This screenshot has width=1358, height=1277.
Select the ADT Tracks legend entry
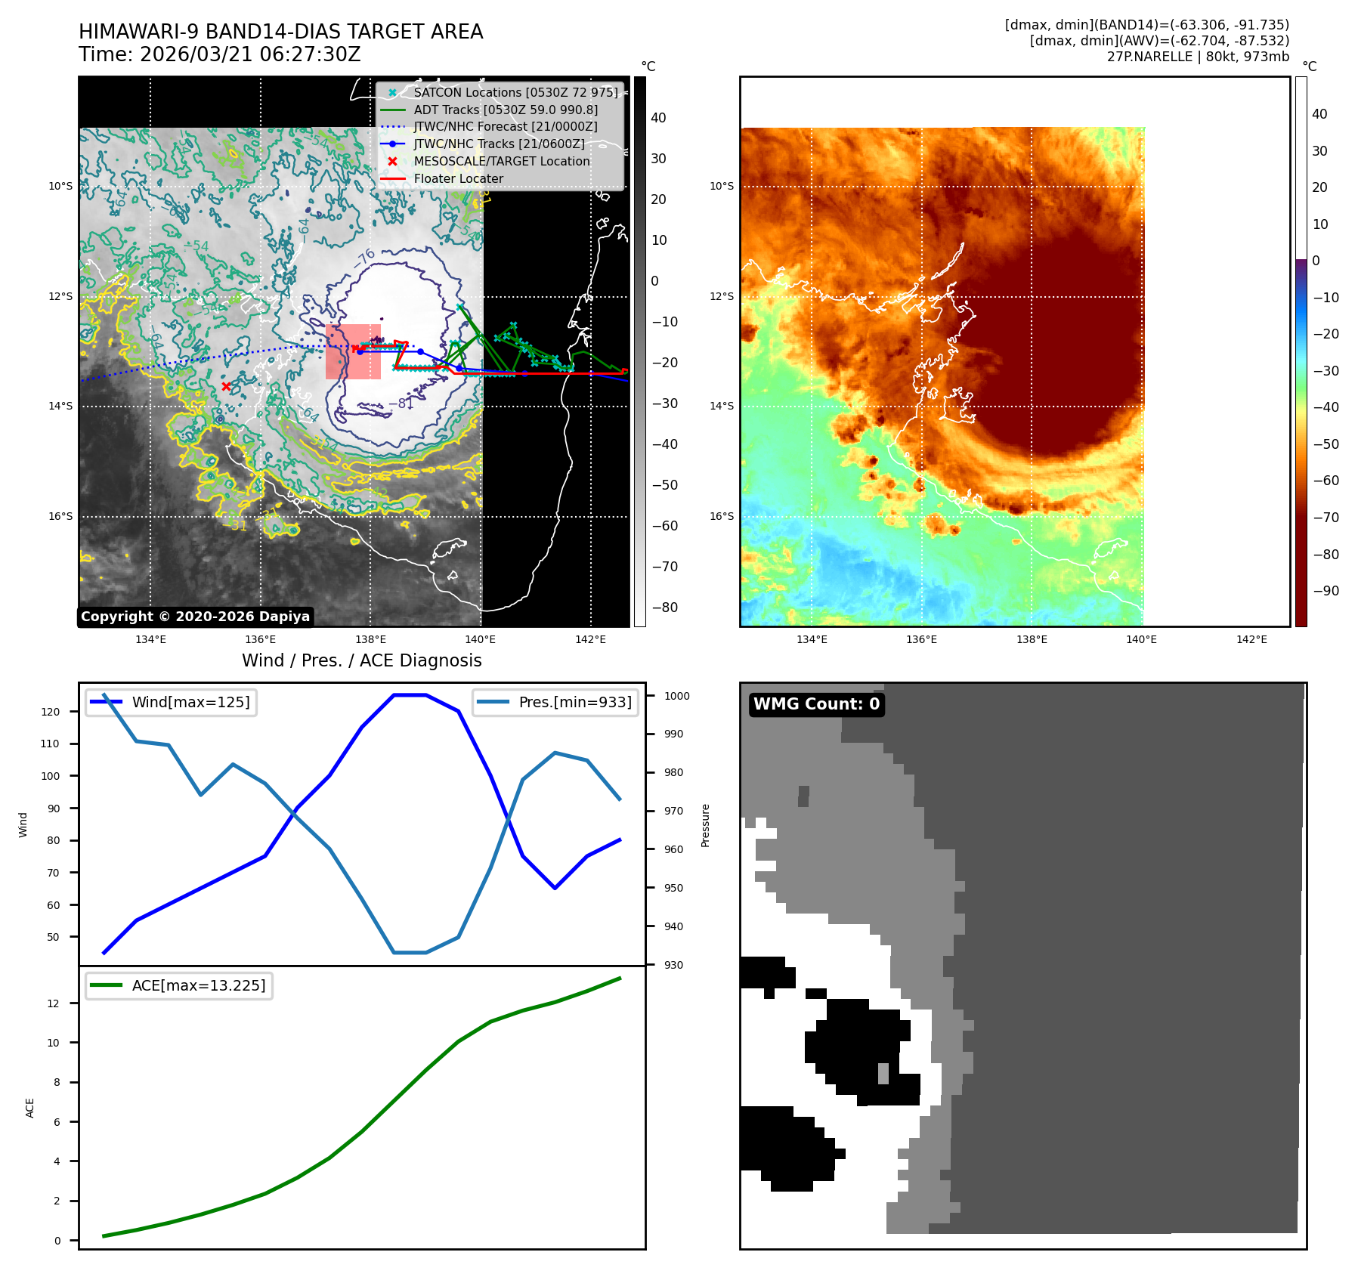[x=505, y=110]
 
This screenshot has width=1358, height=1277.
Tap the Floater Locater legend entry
[x=458, y=179]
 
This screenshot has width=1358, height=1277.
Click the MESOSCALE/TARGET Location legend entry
[x=501, y=162]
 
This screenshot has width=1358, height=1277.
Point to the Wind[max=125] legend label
[x=190, y=703]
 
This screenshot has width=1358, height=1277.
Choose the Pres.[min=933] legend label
[x=575, y=703]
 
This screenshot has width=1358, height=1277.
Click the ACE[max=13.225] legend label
[x=199, y=986]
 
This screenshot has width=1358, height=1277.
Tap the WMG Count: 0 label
[x=816, y=704]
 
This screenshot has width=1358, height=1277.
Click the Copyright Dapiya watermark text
[x=195, y=617]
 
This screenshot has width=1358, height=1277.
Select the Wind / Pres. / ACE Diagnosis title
[x=361, y=660]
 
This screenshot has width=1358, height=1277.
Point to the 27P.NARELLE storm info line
[x=1198, y=57]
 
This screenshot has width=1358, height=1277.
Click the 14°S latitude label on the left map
[x=60, y=407]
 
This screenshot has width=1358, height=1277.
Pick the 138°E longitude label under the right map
[x=1032, y=640]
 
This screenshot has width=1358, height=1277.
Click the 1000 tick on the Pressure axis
[x=676, y=696]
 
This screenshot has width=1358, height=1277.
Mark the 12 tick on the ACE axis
[x=54, y=1003]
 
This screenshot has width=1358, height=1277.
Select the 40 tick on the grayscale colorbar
[x=658, y=118]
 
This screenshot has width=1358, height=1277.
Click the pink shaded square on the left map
[x=353, y=352]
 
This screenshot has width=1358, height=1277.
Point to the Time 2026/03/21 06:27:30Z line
[x=220, y=55]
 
